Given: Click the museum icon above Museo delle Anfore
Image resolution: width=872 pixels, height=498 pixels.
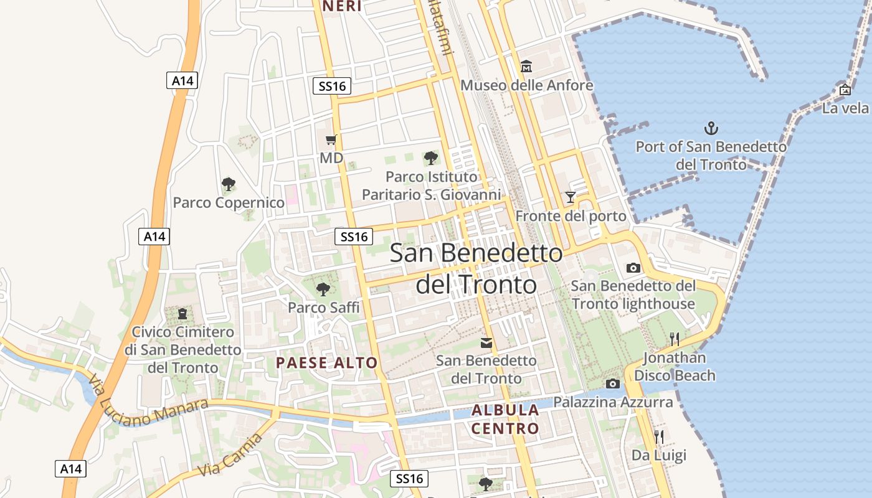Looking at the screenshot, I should pos(526,66).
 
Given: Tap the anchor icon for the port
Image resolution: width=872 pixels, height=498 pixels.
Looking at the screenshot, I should pos(711,128).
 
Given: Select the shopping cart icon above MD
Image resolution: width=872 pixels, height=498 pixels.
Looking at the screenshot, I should pos(331,140).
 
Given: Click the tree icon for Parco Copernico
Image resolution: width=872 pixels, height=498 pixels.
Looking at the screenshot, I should pos(229,184).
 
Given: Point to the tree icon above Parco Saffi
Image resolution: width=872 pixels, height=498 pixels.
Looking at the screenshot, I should pos(323,289).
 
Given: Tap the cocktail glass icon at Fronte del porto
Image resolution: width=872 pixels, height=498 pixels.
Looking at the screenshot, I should pos(570,197).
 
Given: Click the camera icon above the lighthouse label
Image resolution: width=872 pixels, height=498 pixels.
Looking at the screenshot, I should pos(633,268).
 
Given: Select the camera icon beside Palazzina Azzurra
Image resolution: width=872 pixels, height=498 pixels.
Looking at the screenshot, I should pos(612,383).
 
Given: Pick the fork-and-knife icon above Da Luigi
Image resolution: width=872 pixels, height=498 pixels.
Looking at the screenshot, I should pos(659,436).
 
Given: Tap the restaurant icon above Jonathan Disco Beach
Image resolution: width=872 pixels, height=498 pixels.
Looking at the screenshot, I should pos(674,339).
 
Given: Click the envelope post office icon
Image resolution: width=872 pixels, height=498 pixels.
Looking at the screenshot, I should pos(486,342).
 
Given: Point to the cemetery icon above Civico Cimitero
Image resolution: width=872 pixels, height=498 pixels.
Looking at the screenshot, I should pos(182,313).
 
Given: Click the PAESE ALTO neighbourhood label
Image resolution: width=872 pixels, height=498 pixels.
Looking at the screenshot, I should pos(326,363).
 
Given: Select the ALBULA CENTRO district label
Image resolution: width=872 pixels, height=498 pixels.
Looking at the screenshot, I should pos(505,419).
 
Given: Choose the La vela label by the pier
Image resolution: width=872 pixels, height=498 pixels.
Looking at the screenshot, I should pos(845,108).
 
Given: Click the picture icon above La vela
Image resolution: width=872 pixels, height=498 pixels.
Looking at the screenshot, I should pos(845,90).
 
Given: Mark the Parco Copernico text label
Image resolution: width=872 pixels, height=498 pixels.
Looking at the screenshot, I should pos(229,202).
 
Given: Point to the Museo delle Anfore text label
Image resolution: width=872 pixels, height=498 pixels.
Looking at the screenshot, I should pos(526,85).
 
